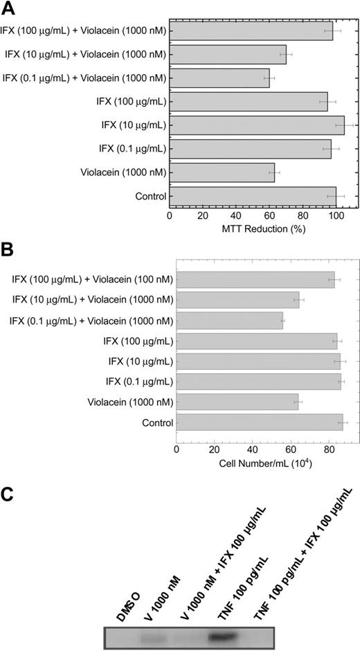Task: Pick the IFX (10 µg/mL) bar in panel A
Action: click(x=257, y=125)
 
